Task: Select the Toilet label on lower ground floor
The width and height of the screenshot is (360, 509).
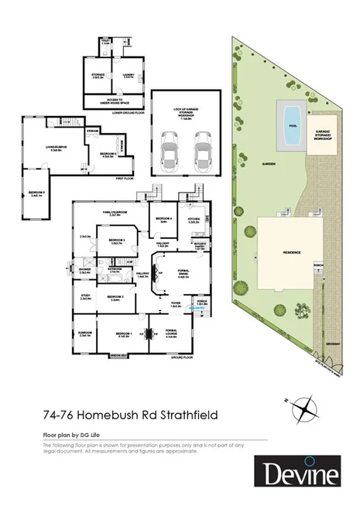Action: (x=106, y=42)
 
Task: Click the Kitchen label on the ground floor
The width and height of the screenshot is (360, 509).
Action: (x=194, y=220)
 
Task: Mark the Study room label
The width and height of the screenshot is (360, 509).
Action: (x=85, y=296)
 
